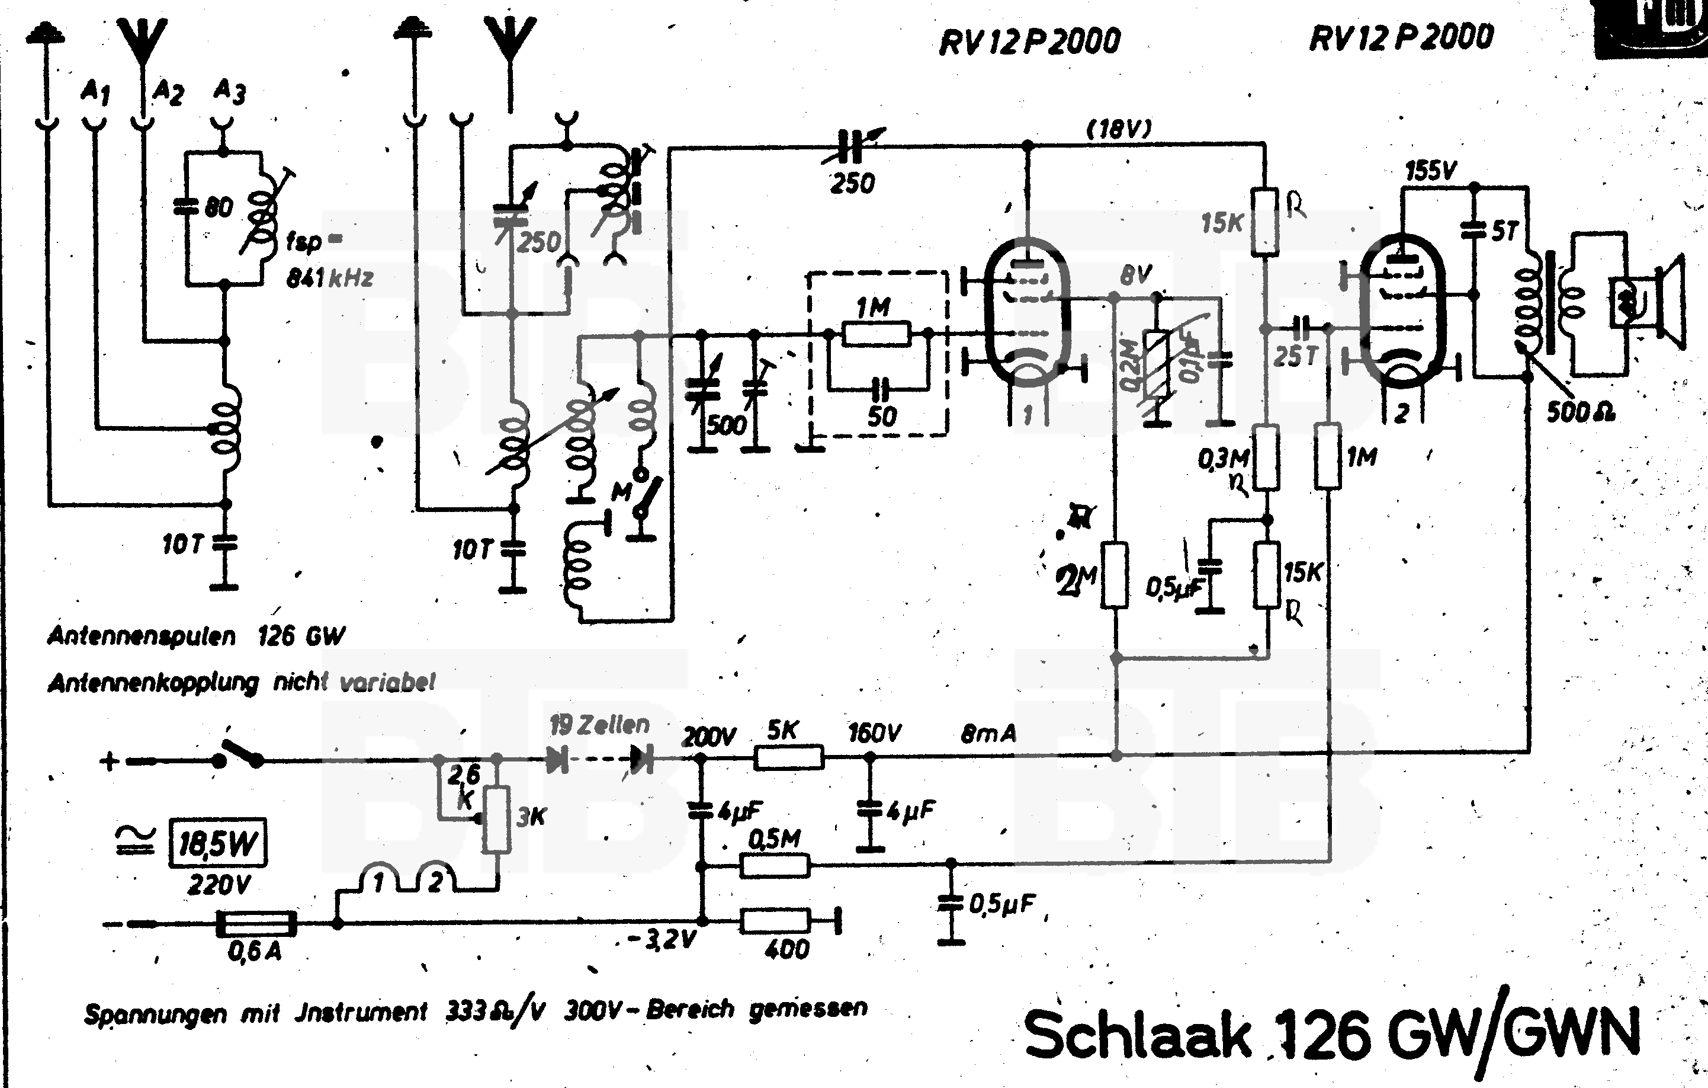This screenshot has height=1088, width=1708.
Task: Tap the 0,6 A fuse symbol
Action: point(256,923)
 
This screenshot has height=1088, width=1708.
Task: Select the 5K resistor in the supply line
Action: point(788,758)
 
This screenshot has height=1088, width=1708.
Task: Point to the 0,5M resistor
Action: point(775,866)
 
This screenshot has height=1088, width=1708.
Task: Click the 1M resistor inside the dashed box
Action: point(876,333)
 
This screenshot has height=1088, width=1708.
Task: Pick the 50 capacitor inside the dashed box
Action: point(879,389)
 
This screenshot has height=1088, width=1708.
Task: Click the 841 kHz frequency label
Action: point(330,278)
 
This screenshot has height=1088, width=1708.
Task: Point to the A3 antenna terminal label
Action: point(229,91)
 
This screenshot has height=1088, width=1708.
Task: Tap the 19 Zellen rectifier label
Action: point(599,725)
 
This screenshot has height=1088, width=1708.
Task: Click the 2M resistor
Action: point(1115,575)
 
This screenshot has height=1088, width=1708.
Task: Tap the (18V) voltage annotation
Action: point(1119,129)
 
